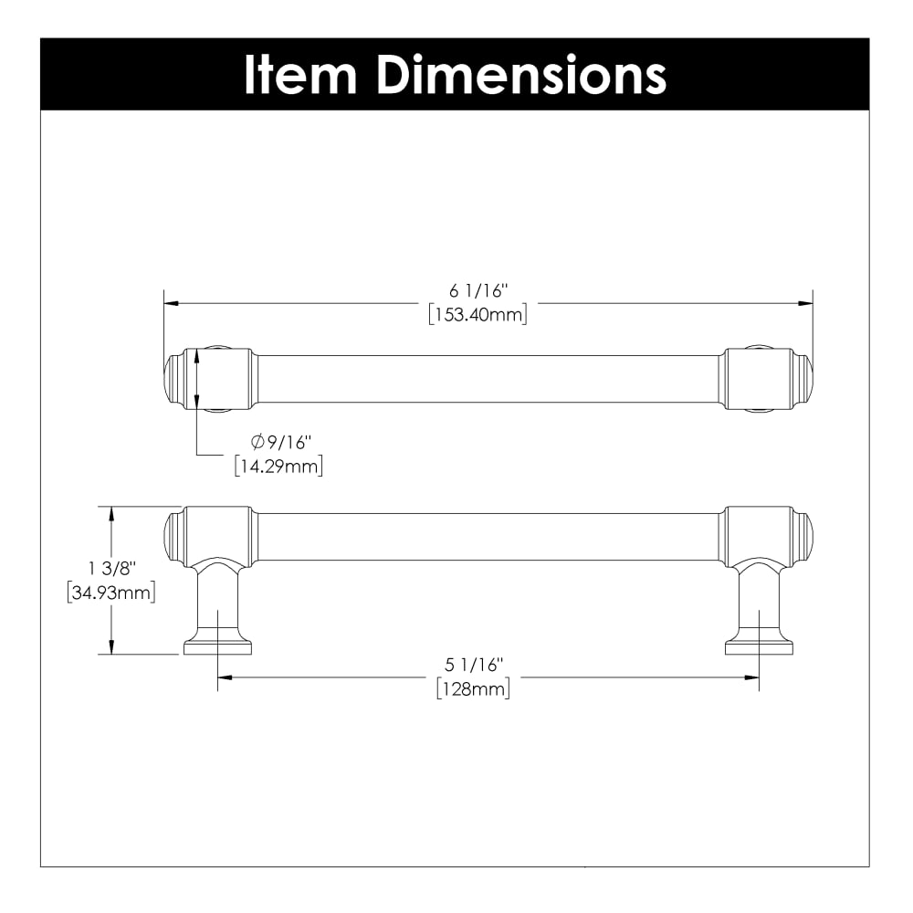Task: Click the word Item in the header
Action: [x=300, y=75]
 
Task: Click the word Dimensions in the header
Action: [x=521, y=75]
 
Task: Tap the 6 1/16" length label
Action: [x=478, y=290]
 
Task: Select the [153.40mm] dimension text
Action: [x=478, y=314]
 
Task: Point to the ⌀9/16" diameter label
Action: [x=281, y=443]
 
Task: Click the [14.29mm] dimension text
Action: [x=278, y=467]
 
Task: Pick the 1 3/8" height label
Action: [x=111, y=568]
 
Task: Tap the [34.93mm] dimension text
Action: [x=111, y=593]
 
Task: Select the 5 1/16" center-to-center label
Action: [x=474, y=665]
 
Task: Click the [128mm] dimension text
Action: [x=473, y=689]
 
